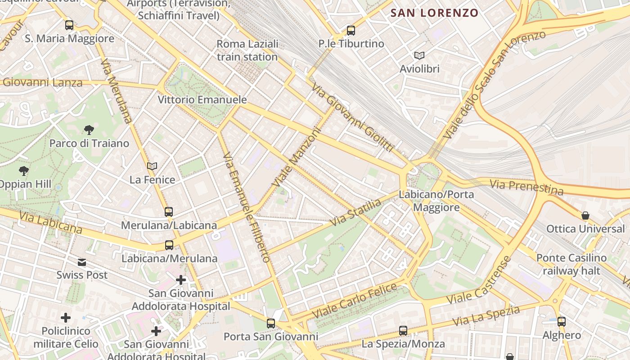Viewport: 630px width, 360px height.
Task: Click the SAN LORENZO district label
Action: point(434,13)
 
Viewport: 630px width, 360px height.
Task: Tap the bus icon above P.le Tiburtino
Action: point(351,31)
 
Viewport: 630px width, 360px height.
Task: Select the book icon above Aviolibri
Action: point(419,55)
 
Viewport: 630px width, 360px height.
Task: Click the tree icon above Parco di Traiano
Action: point(89,130)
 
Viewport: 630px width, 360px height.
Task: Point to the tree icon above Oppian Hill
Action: point(24,171)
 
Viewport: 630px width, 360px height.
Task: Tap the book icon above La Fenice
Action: point(152,166)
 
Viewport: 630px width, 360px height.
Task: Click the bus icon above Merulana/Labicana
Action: point(169,211)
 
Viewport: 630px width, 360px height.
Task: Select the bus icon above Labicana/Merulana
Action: point(169,245)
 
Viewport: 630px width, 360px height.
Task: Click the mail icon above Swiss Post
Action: point(82,262)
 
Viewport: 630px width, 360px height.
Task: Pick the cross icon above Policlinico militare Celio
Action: point(66,318)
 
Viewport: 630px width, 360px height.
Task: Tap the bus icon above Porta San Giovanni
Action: point(271,323)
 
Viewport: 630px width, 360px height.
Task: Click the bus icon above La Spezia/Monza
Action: point(403,331)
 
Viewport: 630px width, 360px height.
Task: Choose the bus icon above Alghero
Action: point(562,321)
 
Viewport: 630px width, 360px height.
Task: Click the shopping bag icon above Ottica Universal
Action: point(585,216)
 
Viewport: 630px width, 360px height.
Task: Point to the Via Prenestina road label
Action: point(526,187)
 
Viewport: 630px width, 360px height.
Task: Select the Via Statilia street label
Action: point(355,213)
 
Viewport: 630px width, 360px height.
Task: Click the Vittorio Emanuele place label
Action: point(202,99)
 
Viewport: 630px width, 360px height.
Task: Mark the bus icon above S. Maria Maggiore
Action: point(69,25)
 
